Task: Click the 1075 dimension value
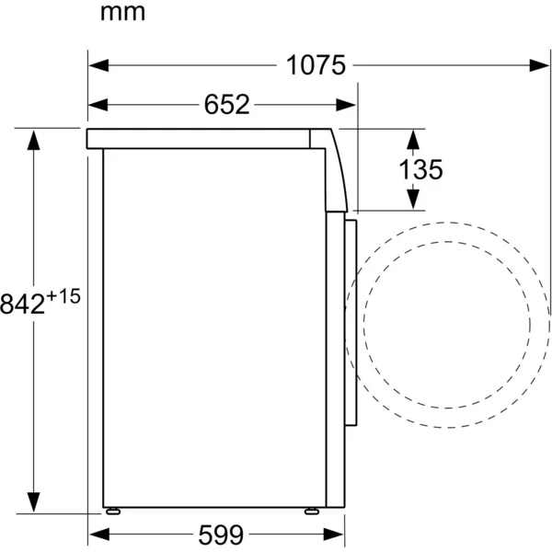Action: click(x=315, y=65)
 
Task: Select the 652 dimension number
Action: click(x=226, y=105)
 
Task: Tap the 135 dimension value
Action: click(x=420, y=169)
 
